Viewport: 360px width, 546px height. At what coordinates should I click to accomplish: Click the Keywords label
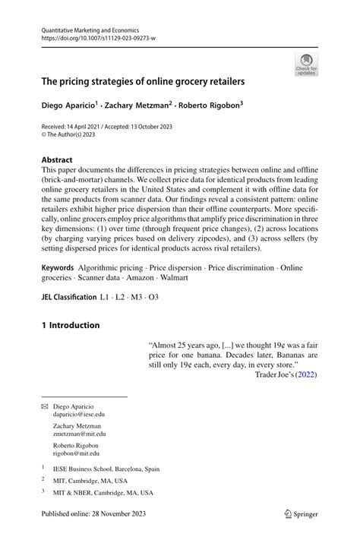[x=58, y=268]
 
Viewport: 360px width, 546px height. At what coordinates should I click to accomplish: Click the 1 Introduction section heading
[x=70, y=326]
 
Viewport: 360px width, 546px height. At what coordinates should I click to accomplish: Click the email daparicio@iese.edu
[x=79, y=415]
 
